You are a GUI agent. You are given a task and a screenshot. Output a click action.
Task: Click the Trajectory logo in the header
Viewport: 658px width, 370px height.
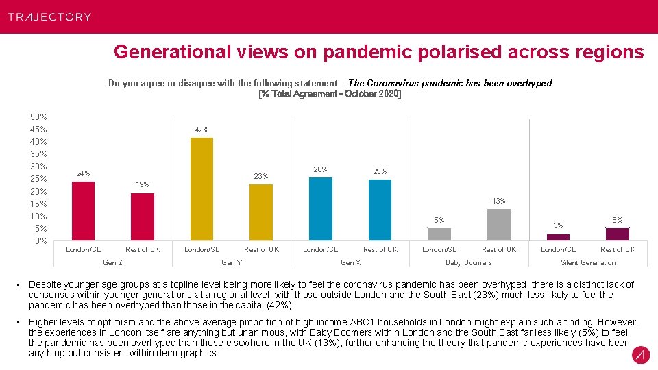[49, 16]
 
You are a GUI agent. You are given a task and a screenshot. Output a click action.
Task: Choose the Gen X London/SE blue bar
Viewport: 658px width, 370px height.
[321, 209]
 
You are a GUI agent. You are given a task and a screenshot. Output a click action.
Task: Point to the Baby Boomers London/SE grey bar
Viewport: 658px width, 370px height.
[439, 234]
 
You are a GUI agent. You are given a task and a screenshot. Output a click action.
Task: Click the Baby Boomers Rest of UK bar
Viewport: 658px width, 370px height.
[499, 225]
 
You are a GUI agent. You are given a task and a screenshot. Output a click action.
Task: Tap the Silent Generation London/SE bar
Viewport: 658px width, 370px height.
[558, 237]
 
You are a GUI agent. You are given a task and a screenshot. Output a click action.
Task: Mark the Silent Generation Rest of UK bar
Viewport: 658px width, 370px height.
[618, 234]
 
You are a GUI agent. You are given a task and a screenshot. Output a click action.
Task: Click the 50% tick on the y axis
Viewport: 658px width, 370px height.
[38, 117]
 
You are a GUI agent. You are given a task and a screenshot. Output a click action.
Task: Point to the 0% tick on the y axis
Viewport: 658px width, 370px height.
[40, 241]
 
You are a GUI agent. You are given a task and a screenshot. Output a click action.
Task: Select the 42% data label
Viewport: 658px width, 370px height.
[202, 129]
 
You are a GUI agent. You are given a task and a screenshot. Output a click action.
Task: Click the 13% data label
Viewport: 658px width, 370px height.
[499, 201]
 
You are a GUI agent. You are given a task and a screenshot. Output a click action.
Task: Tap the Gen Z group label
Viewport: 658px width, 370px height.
[112, 262]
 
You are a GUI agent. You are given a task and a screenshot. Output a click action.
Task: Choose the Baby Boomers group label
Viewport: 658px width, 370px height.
[469, 262]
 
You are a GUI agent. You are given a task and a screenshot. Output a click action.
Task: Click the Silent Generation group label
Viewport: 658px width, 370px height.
[588, 262]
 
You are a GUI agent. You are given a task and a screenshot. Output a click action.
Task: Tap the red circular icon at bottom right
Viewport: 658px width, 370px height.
[640, 355]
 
